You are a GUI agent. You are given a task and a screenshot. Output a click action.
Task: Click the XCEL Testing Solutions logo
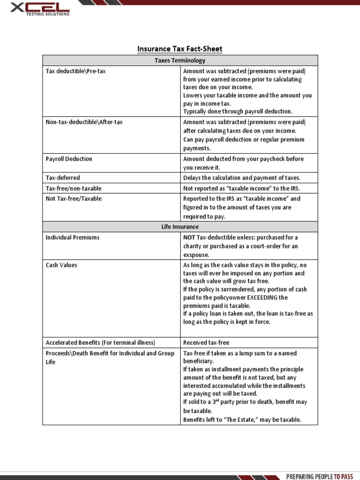pyautogui.click(x=36, y=8)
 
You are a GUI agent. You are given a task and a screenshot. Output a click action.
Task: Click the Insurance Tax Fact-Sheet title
pyautogui.click(x=180, y=49)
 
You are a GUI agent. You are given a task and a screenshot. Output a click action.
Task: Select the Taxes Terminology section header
pyautogui.click(x=180, y=60)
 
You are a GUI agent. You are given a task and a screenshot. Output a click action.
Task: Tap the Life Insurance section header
pyautogui.click(x=180, y=227)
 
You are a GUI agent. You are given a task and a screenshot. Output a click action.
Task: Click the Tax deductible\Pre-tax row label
pyautogui.click(x=72, y=71)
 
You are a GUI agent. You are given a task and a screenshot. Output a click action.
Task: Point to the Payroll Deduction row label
pyautogui.click(x=69, y=159)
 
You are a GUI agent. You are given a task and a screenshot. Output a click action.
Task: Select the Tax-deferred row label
pyautogui.click(x=63, y=178)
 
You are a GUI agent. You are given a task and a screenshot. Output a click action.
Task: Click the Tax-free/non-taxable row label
pyautogui.click(x=74, y=188)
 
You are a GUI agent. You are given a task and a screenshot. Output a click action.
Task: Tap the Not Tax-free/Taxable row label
pyautogui.click(x=74, y=199)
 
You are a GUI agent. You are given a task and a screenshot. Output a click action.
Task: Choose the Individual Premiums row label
pyautogui.click(x=73, y=238)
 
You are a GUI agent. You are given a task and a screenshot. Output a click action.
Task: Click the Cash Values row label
pyautogui.click(x=61, y=265)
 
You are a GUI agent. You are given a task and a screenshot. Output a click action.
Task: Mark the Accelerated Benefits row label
pyautogui.click(x=100, y=342)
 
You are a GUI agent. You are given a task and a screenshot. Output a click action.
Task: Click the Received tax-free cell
pyautogui.click(x=206, y=342)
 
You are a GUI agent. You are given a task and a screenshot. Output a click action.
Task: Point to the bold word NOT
pyautogui.click(x=189, y=238)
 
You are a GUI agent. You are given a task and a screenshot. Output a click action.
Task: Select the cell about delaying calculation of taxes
pyautogui.click(x=241, y=178)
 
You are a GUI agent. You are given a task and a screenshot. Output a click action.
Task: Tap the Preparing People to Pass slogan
pyautogui.click(x=319, y=476)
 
